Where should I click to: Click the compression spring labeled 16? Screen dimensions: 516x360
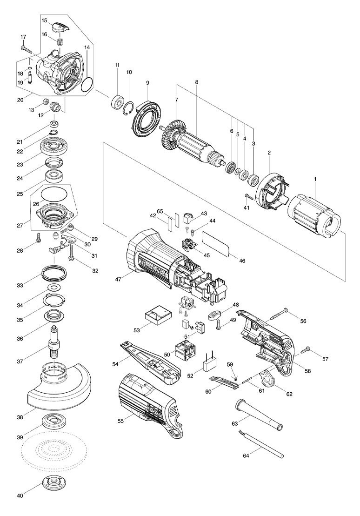60,42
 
